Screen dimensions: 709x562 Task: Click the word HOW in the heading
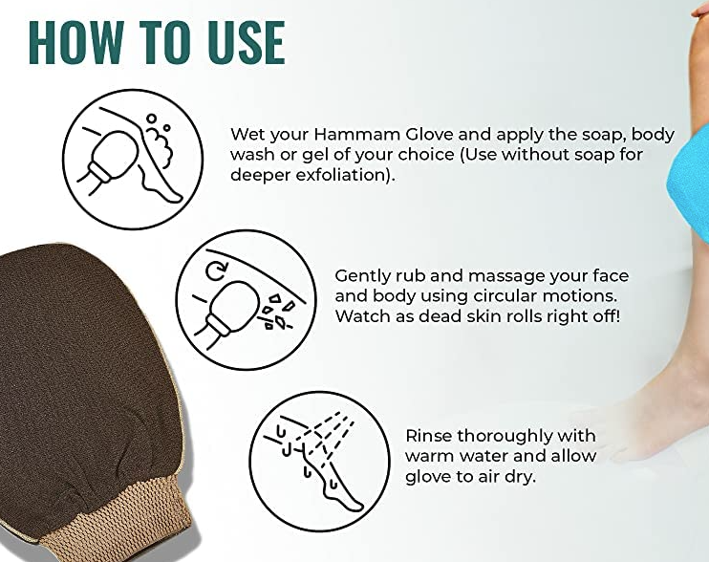click(76, 42)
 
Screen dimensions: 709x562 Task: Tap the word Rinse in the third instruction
click(429, 436)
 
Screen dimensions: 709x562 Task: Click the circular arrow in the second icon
click(216, 270)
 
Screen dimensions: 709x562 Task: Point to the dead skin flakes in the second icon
click(276, 311)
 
